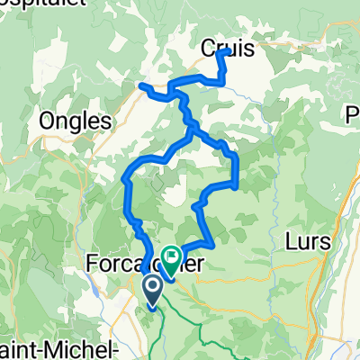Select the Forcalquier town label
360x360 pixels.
click(x=144, y=265)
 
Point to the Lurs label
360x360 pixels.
click(x=310, y=242)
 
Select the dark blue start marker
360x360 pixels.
click(x=151, y=290)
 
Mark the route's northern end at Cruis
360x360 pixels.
click(x=220, y=53)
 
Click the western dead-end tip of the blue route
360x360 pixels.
click(x=142, y=85)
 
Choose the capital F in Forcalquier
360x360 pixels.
click(x=94, y=265)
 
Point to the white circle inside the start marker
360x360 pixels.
click(x=151, y=287)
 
